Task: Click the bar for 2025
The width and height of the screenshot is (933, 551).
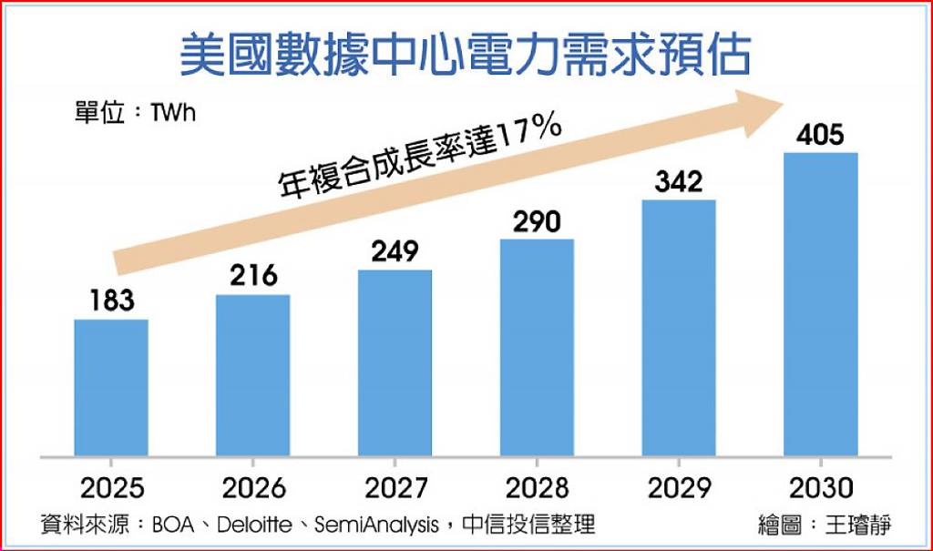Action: click(111, 387)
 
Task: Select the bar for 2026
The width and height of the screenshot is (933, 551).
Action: click(253, 374)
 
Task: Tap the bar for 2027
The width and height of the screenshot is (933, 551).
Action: click(395, 362)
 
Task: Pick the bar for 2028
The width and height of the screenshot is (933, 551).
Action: click(538, 347)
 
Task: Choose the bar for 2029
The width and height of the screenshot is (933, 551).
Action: click(680, 327)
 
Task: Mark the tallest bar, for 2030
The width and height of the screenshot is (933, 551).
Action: click(822, 303)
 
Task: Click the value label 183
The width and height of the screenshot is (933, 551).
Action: click(111, 300)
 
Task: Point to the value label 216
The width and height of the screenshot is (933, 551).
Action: click(253, 275)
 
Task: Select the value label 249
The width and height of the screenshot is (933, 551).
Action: click(395, 250)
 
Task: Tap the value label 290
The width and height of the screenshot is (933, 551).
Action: click(538, 220)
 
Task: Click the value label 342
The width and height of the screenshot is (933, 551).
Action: click(680, 180)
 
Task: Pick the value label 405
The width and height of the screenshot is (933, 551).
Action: click(820, 135)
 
